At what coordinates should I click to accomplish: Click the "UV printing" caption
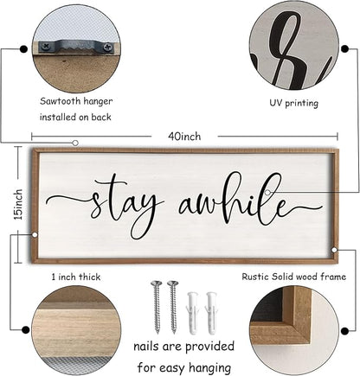pyautogui.click(x=293, y=102)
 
